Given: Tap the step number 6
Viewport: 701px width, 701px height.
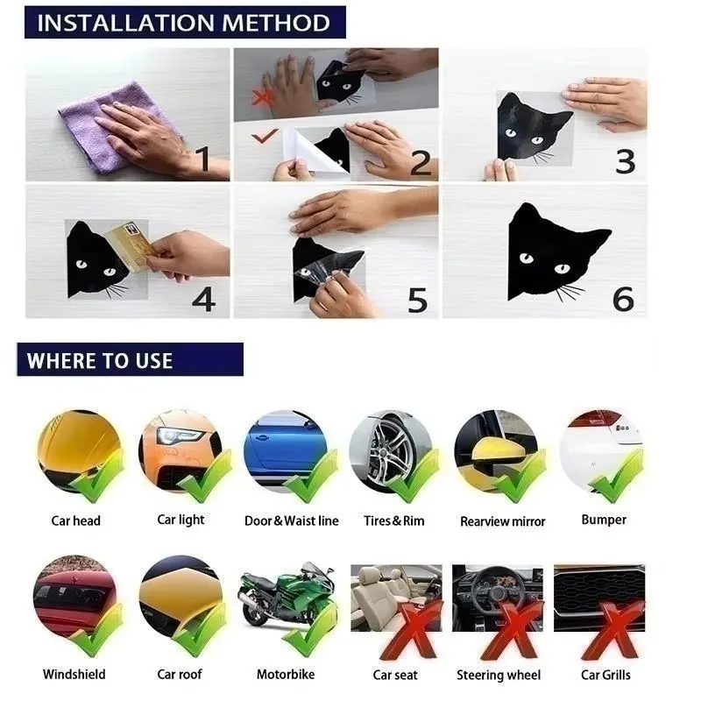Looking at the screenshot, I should tap(623, 299).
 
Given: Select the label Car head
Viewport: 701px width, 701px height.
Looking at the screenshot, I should tap(75, 520).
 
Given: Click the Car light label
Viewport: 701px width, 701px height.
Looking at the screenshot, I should tap(181, 520).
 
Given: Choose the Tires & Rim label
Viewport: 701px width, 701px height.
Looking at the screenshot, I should tap(393, 520).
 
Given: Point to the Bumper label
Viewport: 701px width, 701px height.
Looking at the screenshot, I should tap(604, 520).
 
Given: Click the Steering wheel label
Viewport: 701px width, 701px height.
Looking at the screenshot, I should tap(499, 675).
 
